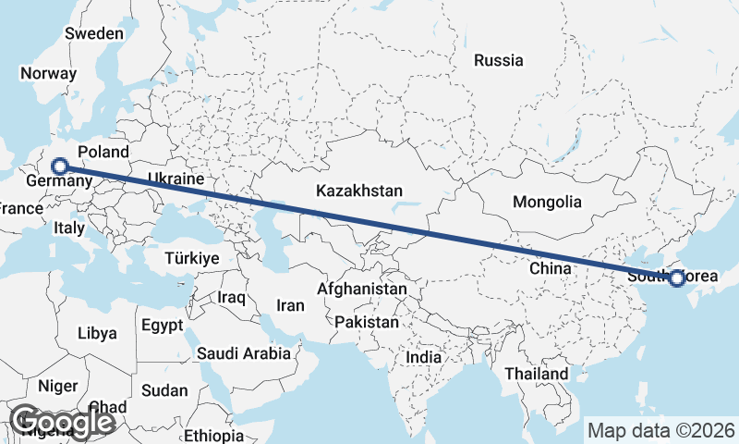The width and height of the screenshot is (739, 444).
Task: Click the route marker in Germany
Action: coord(60,166)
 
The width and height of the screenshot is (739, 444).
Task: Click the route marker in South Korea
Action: coord(677,277)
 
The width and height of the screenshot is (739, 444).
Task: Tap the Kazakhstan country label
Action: coord(359,191)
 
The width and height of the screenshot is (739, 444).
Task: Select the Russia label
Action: coord(499,61)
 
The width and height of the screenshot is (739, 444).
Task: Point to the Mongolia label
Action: coord(548,202)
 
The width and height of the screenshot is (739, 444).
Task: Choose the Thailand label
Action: coord(537,374)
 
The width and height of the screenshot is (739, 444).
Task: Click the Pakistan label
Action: coord(367,323)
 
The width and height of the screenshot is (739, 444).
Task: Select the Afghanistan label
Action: coord(361,290)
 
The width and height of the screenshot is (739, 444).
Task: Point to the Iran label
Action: coord(291,305)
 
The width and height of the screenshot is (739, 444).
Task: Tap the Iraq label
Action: coord(231,298)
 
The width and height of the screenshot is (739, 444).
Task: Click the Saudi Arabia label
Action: coord(244,353)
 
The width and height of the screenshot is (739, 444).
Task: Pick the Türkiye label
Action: coord(193,258)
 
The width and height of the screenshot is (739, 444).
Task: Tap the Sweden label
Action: coord(94,34)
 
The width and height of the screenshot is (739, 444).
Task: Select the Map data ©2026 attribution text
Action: coord(660,430)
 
